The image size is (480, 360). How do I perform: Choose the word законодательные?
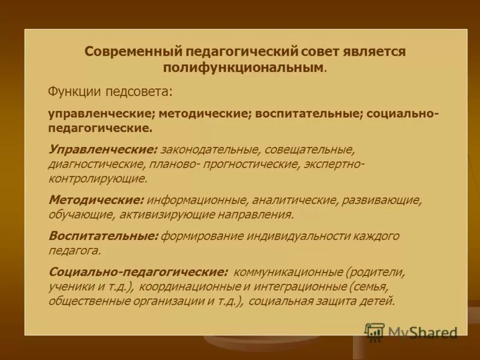(209, 148)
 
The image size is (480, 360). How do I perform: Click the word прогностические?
(251, 163)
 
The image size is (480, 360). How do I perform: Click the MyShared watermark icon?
(374, 331)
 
